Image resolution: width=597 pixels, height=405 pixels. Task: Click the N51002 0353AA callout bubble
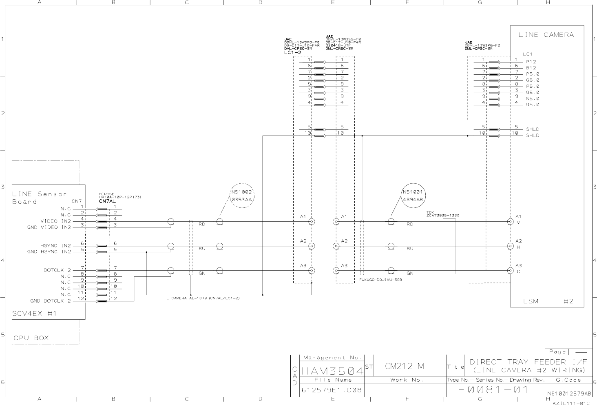coord(243,196)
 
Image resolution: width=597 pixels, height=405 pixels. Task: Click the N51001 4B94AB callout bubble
coord(413,196)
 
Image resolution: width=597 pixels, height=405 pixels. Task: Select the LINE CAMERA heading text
coord(546,35)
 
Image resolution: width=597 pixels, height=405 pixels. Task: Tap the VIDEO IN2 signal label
coord(55,221)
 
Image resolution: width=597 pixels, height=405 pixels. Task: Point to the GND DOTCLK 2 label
coord(51,301)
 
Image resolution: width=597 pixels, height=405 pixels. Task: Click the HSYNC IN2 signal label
coord(55,245)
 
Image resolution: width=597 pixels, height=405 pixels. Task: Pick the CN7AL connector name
coord(107,201)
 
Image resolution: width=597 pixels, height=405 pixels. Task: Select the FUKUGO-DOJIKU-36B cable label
coord(380,280)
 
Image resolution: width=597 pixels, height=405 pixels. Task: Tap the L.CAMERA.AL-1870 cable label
coord(203,298)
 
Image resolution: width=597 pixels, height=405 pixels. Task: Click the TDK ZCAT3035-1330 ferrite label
coord(442,214)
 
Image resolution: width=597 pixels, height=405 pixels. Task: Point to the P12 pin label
coord(531,62)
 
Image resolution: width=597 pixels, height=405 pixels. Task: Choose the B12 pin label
coord(531,68)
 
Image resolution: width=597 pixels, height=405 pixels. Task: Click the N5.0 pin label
coord(533,98)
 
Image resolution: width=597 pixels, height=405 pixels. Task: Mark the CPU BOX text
coord(31,338)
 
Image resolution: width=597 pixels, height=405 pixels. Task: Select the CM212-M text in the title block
coord(405,366)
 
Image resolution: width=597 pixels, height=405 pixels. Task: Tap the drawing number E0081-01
coord(493,389)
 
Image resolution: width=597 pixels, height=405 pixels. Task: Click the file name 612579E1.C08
coord(332,390)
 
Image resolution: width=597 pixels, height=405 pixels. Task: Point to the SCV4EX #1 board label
coord(34,313)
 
